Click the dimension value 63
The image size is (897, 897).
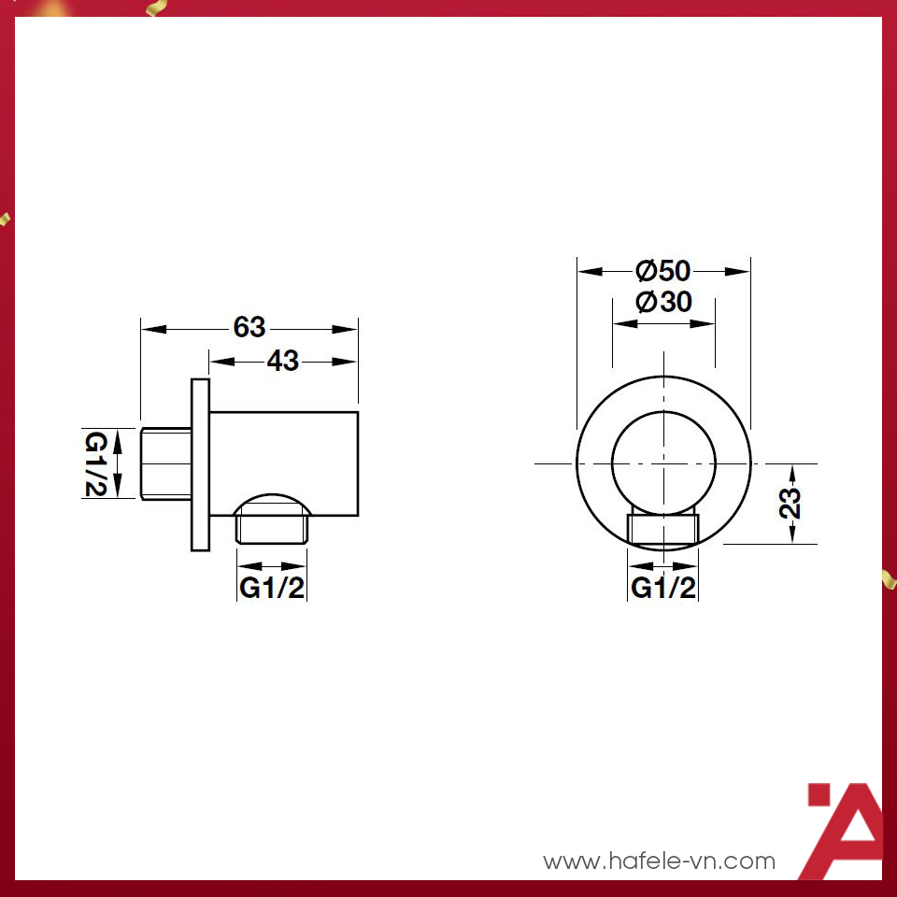click(x=249, y=328)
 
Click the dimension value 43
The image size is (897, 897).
click(x=282, y=361)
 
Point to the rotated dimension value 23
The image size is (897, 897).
click(x=790, y=503)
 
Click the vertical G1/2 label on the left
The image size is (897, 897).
click(x=96, y=463)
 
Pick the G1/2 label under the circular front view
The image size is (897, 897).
click(x=663, y=588)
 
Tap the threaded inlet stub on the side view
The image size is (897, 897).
click(x=166, y=463)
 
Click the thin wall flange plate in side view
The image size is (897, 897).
click(x=200, y=464)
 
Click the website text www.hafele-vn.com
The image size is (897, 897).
click(x=660, y=861)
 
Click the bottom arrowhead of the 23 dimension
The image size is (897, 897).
click(x=792, y=535)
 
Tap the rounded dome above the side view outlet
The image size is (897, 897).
click(x=272, y=502)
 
